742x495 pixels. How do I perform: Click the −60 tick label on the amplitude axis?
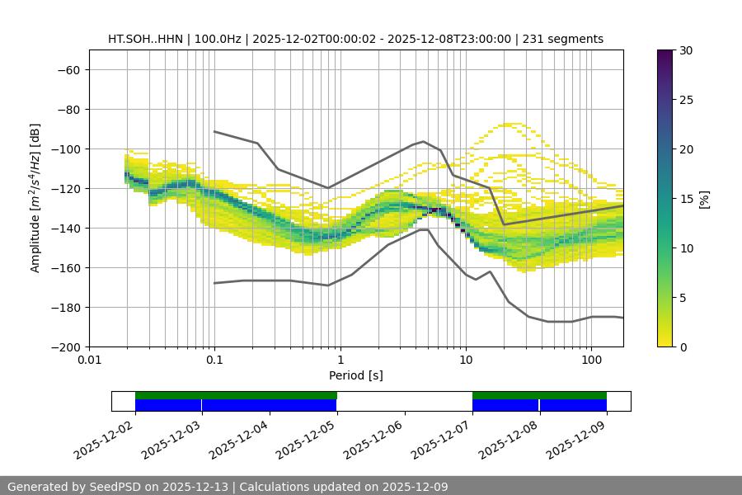tap(68, 69)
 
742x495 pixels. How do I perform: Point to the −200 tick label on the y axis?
tap(64, 346)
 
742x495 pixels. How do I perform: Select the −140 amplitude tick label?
tap(64, 228)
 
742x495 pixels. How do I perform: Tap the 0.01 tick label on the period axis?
tap(89, 361)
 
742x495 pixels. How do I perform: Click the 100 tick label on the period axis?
tap(591, 361)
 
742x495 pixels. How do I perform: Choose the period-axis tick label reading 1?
tap(340, 361)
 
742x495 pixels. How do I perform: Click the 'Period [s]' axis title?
tap(355, 375)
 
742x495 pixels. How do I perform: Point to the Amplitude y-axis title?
tap(35, 198)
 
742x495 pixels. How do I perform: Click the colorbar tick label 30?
tap(685, 50)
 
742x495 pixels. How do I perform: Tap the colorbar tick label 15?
tap(685, 199)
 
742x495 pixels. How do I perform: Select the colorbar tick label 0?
tap(682, 346)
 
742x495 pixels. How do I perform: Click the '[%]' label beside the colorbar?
tap(704, 199)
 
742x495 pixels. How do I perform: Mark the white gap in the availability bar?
tap(404, 401)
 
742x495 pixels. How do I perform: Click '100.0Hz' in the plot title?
tap(218, 39)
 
